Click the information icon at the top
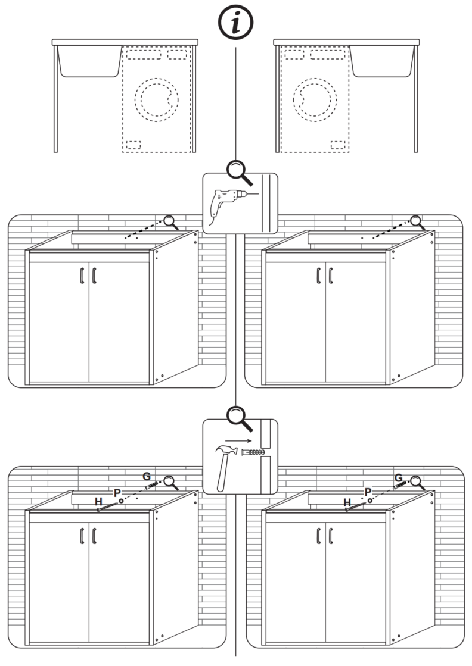tap(235, 23)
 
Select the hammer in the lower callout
tap(226, 467)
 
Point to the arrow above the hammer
tap(239, 440)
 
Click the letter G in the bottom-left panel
tap(146, 476)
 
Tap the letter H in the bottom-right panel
tap(347, 502)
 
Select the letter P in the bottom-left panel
tap(117, 493)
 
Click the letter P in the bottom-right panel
tap(368, 492)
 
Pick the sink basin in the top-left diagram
tap(89, 61)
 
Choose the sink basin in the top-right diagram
tap(382, 61)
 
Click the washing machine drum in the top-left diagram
tap(157, 100)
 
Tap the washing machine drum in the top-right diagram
tap(315, 100)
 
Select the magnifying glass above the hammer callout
tap(240, 418)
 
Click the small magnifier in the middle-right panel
tap(417, 223)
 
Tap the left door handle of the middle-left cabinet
tap(82, 276)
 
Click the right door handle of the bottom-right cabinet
tap(331, 536)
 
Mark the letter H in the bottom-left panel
tap(99, 502)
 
